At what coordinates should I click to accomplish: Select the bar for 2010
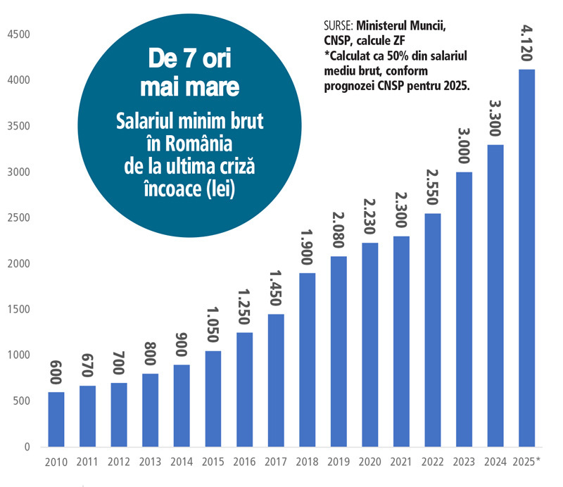point(56,419)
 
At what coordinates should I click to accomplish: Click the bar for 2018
point(307,359)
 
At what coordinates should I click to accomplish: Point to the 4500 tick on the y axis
point(18,34)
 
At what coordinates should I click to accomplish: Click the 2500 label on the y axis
point(18,217)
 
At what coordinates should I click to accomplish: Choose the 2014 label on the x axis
point(182,462)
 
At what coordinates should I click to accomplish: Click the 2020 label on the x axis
point(369,462)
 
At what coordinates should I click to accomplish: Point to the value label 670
point(87,367)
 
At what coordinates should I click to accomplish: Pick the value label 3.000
point(463,146)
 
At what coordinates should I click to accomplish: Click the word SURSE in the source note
point(336,26)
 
